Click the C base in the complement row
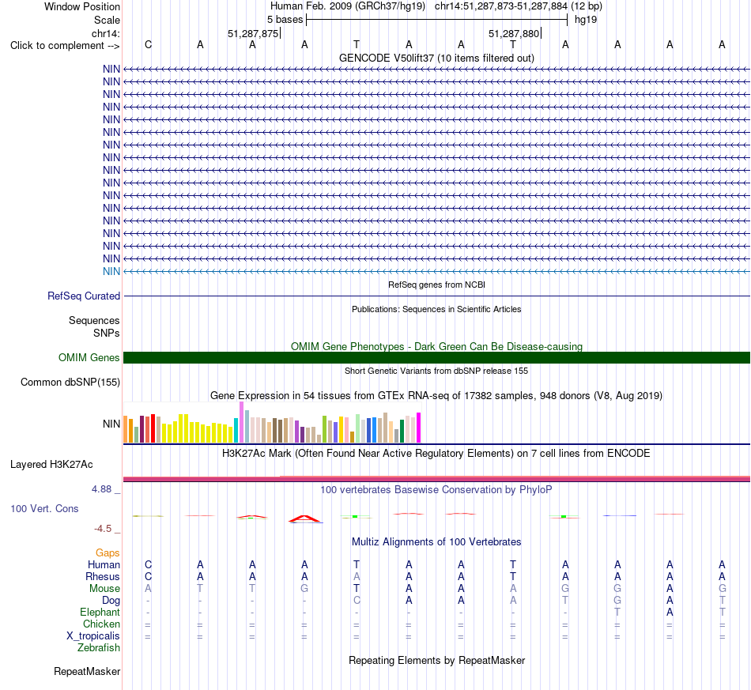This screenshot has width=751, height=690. coord(148,44)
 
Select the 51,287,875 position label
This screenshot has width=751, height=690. coord(253,33)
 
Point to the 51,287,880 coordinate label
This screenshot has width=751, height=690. coord(514,33)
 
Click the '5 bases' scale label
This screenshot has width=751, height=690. coord(285,20)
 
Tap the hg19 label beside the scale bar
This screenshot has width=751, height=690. coord(586,20)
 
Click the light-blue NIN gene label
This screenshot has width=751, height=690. coord(111,272)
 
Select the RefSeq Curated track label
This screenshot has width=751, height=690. coord(84,296)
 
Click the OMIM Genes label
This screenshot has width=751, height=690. coord(89,358)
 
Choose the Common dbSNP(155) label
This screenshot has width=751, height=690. coord(70,382)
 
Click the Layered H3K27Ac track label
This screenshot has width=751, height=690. coord(51,465)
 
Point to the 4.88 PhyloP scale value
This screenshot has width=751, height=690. coord(101,489)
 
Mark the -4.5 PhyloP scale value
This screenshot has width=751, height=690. coord(103,529)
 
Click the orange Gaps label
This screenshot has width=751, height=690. coord(108,553)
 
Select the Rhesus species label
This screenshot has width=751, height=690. coord(103,576)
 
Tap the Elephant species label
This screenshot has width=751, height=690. coord(100,613)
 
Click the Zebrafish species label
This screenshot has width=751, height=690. coord(99,648)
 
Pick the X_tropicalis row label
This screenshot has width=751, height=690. coord(93,636)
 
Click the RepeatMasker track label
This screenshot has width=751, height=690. coord(87,671)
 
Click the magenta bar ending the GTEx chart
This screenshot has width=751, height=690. coord(419,428)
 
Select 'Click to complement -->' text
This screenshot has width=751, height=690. coord(65,46)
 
